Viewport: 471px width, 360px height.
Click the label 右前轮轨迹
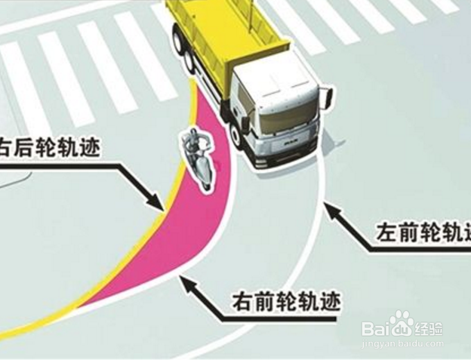pyautogui.click(x=285, y=303)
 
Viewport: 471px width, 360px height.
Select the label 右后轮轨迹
pyautogui.click(x=49, y=144)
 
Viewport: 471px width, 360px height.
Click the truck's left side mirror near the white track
pyautogui.click(x=328, y=97)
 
